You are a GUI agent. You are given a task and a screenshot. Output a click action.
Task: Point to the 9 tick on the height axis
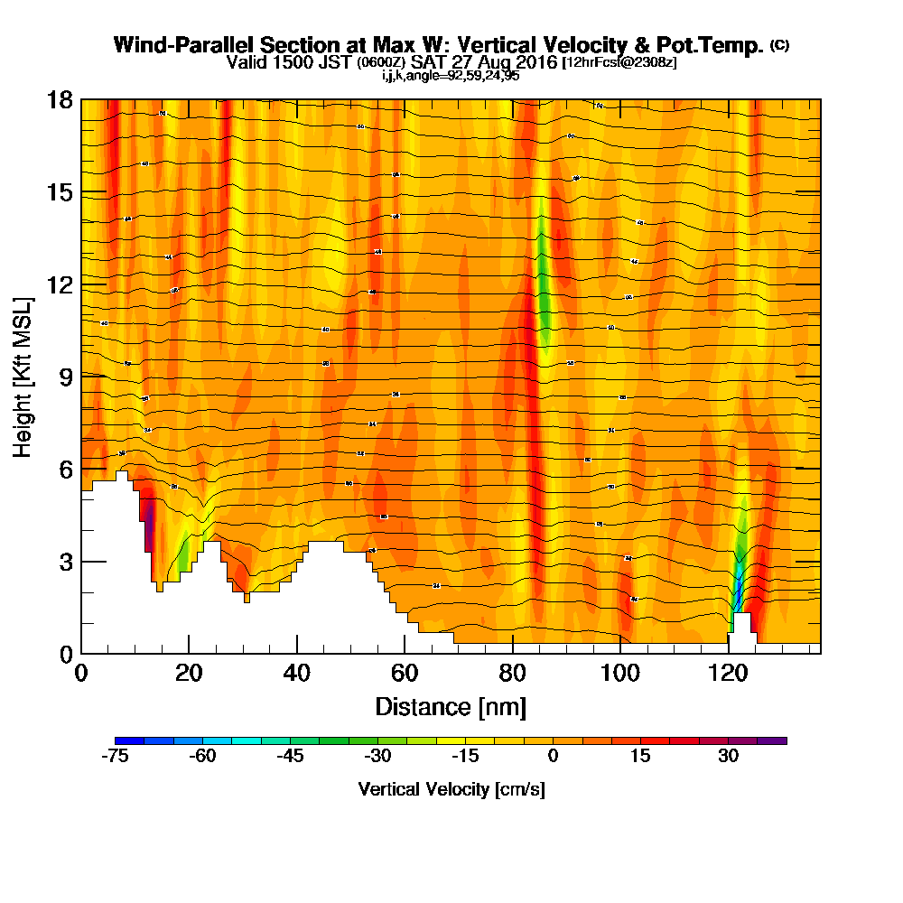(81, 376)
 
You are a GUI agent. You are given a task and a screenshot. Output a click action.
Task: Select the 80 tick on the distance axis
(513, 653)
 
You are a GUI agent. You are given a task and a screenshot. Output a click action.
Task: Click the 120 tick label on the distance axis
(729, 674)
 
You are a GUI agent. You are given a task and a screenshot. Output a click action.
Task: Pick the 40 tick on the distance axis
(297, 653)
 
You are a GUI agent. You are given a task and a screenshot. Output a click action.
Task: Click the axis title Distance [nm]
(451, 706)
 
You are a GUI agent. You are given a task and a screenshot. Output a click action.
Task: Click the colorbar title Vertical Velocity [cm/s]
(451, 789)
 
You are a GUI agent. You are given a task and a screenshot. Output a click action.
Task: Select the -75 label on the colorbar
(115, 757)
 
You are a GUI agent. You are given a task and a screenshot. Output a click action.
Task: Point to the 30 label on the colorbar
(729, 757)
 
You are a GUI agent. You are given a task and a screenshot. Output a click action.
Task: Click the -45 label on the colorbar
(290, 757)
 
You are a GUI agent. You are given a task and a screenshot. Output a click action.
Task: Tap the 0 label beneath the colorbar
(553, 757)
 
